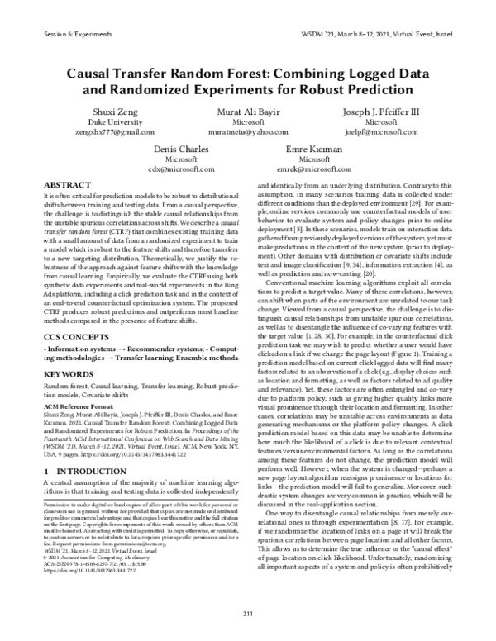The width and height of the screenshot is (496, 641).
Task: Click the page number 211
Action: click(x=247, y=611)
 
